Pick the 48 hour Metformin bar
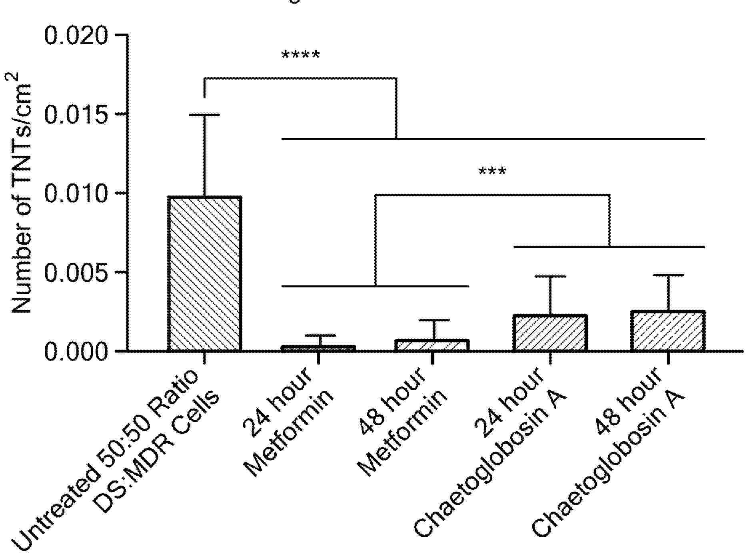pos(432,345)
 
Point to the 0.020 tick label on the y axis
pos(76,36)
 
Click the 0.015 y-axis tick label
pos(76,115)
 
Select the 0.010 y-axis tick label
pos(76,194)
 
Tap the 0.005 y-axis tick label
pos(76,273)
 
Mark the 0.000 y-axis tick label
pos(76,352)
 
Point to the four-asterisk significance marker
pos(301,55)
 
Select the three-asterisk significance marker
pos(492,172)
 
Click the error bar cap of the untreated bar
pos(204,115)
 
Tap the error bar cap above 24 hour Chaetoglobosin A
pos(551,276)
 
